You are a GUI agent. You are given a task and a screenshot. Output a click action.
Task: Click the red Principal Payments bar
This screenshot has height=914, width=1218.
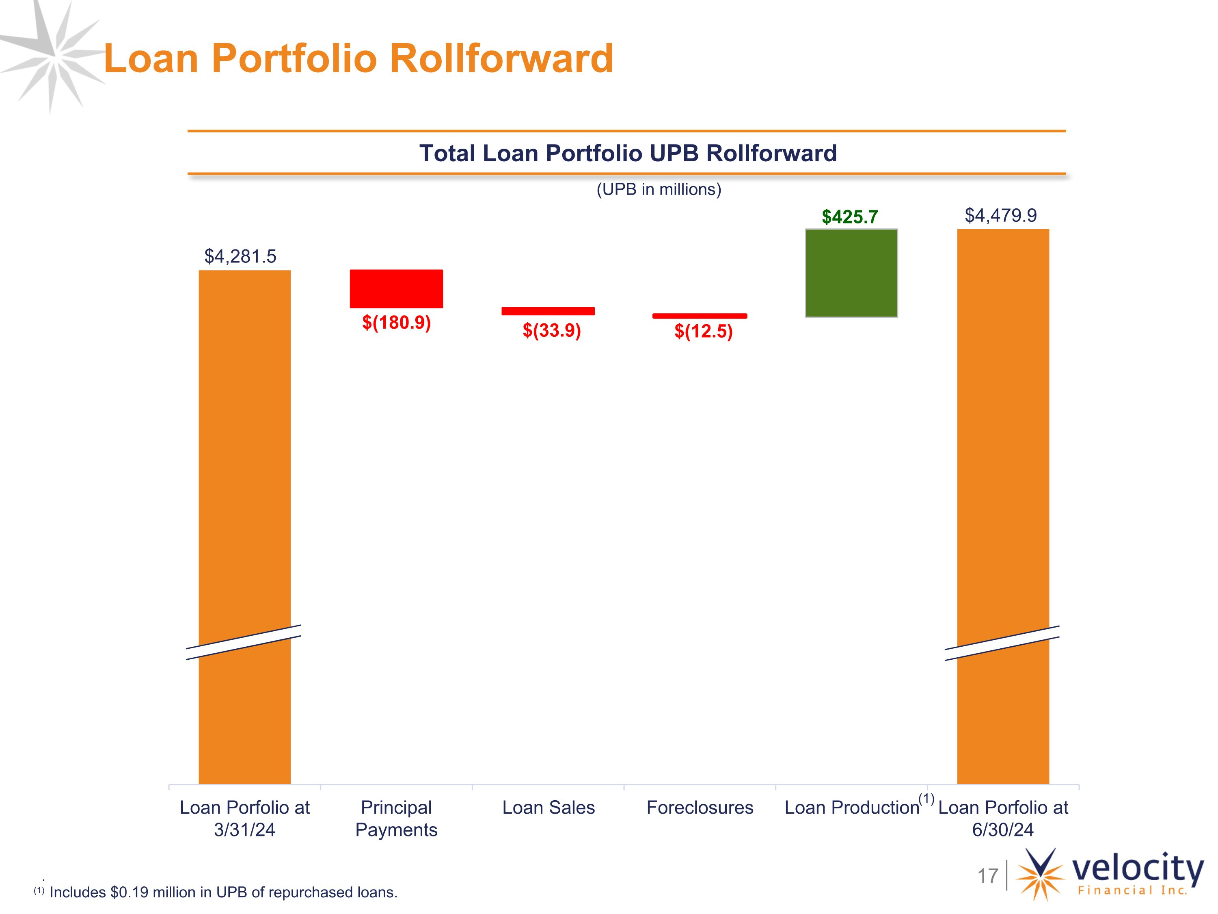[x=396, y=289]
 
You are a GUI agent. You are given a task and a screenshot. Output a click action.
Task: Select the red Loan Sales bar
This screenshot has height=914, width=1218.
[x=548, y=311]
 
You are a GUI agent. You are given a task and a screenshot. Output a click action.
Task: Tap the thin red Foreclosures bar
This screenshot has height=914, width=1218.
[x=700, y=316]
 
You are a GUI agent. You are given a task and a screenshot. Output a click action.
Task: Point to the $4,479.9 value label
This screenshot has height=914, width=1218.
[x=1000, y=215]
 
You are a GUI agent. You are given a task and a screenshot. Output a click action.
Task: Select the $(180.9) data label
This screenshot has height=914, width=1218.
[x=396, y=322]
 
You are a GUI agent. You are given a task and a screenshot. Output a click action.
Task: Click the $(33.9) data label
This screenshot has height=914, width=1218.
[x=552, y=331]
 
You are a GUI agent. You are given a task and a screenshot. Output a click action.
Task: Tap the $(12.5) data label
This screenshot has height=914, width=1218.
[x=704, y=331]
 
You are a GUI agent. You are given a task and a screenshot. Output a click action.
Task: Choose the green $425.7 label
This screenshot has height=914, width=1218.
[x=850, y=217]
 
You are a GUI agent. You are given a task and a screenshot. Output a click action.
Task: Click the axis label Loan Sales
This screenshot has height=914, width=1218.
[x=549, y=808]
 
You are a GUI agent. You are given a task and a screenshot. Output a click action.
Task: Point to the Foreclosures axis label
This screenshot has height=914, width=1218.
[x=700, y=808]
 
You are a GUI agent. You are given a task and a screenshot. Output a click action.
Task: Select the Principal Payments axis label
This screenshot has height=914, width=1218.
[x=396, y=819]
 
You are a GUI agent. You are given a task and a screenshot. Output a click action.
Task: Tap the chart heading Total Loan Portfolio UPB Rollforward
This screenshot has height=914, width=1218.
[x=628, y=153]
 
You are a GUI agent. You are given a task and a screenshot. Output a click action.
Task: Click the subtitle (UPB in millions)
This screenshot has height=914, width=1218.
[x=659, y=190]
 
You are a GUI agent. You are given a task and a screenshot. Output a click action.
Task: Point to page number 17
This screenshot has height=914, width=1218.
[x=988, y=875]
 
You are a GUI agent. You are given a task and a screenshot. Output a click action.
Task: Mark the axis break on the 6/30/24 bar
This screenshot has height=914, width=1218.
[x=1002, y=643]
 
